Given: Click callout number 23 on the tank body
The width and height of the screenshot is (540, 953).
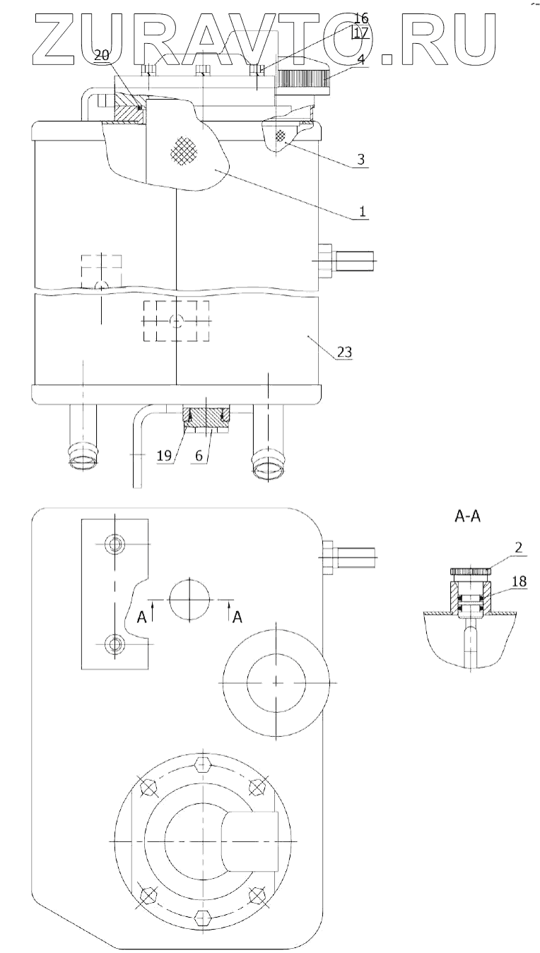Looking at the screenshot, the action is pyautogui.click(x=345, y=352).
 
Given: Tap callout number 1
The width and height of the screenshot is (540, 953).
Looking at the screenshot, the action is pyautogui.click(x=362, y=211).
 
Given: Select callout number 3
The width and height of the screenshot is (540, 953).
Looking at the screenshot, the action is pyautogui.click(x=361, y=160).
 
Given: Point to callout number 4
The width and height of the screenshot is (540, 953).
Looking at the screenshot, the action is pyautogui.click(x=361, y=59).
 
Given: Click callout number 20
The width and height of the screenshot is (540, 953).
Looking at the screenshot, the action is pyautogui.click(x=101, y=55).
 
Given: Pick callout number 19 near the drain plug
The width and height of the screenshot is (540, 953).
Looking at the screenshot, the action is pyautogui.click(x=164, y=456).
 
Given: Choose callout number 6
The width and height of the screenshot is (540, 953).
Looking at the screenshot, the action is pyautogui.click(x=199, y=456).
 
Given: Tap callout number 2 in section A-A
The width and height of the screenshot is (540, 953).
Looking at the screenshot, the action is pyautogui.click(x=518, y=547).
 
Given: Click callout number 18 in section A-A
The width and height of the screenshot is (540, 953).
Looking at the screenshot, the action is pyautogui.click(x=520, y=581).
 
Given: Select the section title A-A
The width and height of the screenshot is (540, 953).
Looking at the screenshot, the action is pyautogui.click(x=468, y=516).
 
